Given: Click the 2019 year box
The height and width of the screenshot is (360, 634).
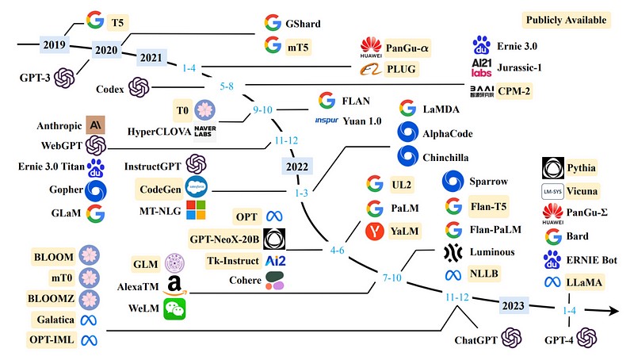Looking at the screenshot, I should pos(52,44).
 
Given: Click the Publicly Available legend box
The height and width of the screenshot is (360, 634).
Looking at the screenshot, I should pos(567,19).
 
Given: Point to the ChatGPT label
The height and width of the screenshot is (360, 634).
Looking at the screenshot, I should pos(475,340).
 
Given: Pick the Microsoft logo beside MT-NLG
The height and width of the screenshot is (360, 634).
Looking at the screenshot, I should pos(196,209).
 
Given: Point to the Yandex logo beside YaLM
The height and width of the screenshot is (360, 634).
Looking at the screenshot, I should pos(375,232).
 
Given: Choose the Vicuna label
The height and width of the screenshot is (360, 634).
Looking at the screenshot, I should pos(583,191).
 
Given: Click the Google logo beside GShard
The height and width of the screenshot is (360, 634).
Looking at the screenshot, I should pos(273,24).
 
